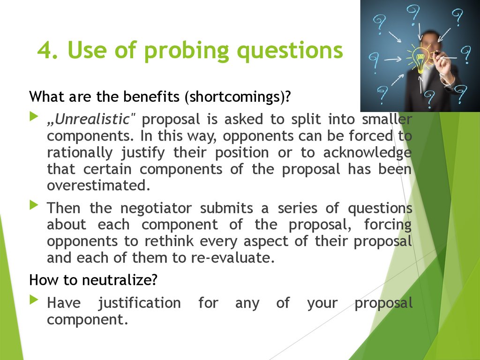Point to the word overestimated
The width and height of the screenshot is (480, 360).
tap(98, 185)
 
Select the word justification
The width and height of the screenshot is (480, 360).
tap(139, 303)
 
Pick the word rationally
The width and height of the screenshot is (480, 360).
tap(80, 152)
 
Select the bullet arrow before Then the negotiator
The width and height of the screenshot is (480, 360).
tap(33, 205)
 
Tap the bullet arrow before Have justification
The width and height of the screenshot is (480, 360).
tap(33, 300)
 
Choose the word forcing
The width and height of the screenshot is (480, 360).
tap(388, 225)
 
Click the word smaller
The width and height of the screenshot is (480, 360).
tap(387, 120)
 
